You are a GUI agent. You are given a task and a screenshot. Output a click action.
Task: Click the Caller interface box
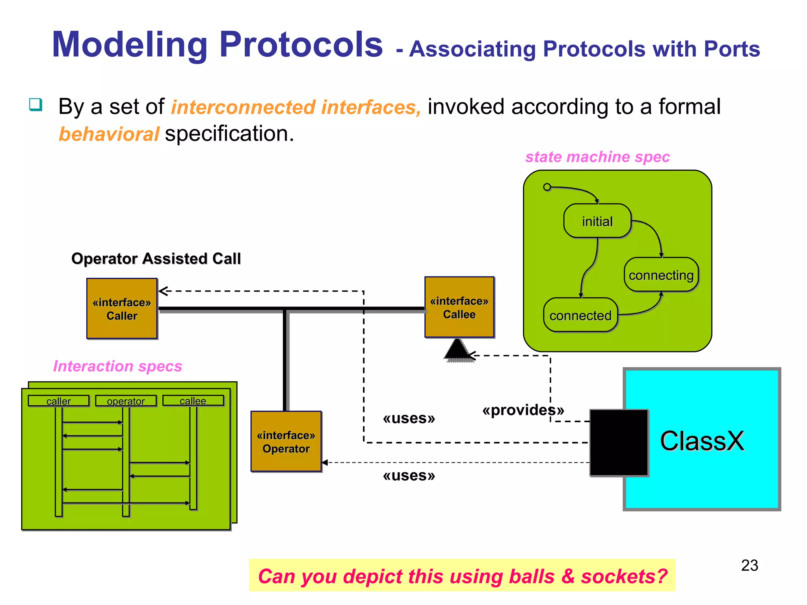pos(122,308)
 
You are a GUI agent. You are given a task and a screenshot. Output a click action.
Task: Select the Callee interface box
pos(459,307)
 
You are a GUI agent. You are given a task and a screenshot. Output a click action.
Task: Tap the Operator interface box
pos(286,442)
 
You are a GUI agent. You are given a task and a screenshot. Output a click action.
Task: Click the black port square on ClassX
pos(619,443)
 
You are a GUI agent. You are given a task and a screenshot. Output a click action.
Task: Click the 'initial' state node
pos(597,221)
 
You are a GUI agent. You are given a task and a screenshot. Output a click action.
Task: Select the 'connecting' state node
pos(661,275)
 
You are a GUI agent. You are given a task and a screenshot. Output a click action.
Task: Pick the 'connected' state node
pos(580,315)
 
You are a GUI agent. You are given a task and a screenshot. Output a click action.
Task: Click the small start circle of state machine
pos(547,187)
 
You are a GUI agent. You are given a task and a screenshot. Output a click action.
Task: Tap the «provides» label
pos(523,410)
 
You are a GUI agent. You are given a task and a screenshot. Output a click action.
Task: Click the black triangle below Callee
pos(457,350)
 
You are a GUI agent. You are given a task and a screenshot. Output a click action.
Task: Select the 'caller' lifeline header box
pos(59,401)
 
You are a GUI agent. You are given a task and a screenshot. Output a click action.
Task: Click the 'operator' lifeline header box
pos(126,401)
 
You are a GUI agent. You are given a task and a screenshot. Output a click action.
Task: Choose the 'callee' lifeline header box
pos(193,401)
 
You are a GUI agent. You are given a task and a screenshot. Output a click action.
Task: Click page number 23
pos(749,566)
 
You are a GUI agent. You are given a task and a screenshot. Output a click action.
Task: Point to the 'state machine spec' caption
pos(597,157)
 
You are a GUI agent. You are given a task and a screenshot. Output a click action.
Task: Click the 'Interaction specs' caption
pos(117,366)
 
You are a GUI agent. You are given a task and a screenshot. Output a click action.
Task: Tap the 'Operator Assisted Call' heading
pos(156,258)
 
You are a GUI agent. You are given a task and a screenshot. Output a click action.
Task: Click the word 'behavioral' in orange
pos(109,134)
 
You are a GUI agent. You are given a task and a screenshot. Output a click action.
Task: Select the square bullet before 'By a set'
pos(35,105)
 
